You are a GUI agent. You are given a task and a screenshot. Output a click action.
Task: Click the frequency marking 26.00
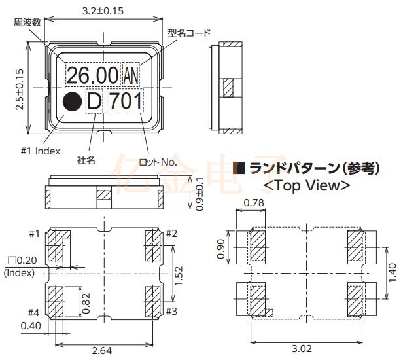[x=93, y=74]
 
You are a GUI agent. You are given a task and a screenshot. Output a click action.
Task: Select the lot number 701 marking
[x=124, y=101]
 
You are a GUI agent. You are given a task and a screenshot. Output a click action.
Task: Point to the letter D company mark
[x=95, y=102]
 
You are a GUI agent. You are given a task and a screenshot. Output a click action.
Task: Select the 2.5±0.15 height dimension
[x=20, y=90]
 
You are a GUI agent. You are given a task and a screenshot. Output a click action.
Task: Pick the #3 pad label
[x=171, y=310]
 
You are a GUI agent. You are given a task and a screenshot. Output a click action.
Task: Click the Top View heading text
[x=305, y=185]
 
